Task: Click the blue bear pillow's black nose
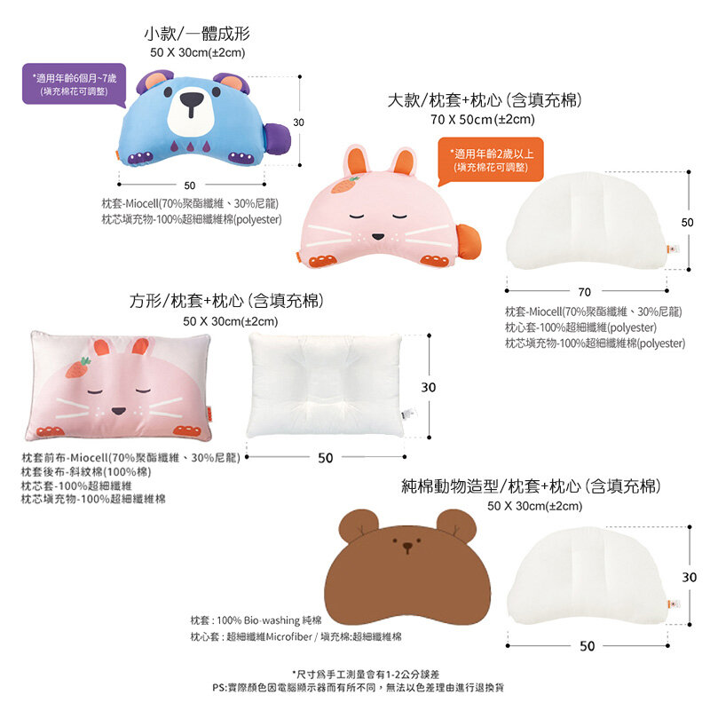coord(192,102)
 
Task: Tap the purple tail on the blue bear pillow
coord(277,139)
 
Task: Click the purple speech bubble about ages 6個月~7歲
coord(75,84)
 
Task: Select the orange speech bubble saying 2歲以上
coord(491,161)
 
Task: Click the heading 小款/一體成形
coord(197,34)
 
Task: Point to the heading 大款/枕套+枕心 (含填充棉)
coord(484,100)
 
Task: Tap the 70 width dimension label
coord(585,292)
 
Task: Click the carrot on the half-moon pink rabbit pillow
coord(344,185)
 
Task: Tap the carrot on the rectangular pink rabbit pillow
coord(78,367)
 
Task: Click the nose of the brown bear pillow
coord(408,547)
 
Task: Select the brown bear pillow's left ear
coord(359,525)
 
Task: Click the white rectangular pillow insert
coord(326,385)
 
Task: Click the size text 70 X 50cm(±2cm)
coord(482,120)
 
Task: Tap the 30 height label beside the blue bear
coord(298,122)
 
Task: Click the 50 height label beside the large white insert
coord(687,223)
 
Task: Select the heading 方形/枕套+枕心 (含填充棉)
coord(227,301)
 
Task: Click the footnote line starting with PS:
coord(358,688)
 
